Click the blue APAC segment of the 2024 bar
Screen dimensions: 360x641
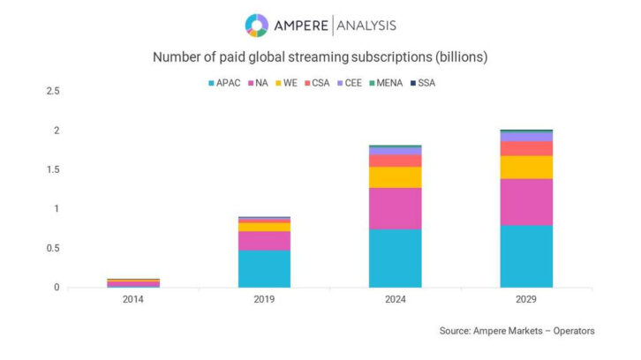[395, 258]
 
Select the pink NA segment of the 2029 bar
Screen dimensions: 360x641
[526, 201]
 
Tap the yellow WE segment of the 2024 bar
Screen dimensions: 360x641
[395, 177]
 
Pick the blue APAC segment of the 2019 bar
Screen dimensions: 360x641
[264, 268]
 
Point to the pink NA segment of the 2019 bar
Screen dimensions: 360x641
[264, 240]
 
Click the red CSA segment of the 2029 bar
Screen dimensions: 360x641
[526, 148]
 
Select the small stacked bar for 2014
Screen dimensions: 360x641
[133, 283]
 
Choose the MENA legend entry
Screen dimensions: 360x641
[386, 83]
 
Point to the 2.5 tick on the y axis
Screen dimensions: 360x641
[53, 91]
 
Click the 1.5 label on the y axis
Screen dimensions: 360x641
[53, 169]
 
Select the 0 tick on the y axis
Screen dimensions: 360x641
[57, 288]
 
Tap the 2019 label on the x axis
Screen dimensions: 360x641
[264, 300]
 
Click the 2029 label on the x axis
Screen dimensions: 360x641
[526, 300]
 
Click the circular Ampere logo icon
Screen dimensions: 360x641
[257, 26]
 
